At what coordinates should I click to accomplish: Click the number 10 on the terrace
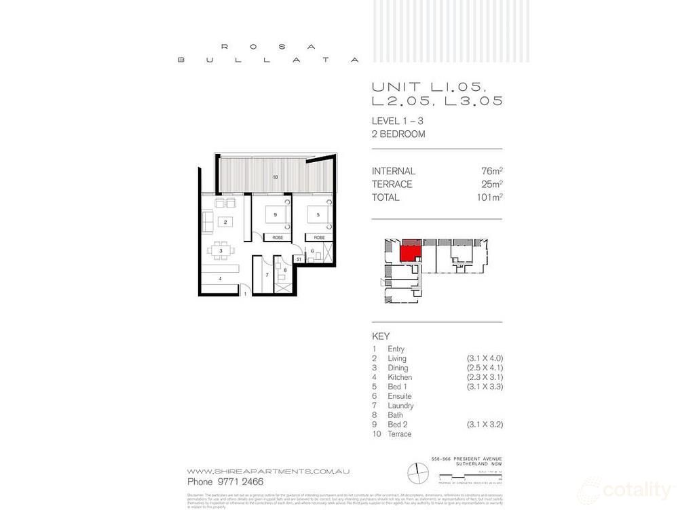pyautogui.click(x=275, y=177)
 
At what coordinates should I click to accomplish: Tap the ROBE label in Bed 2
pyautogui.click(x=278, y=237)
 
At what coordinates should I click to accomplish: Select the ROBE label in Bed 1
pyautogui.click(x=319, y=237)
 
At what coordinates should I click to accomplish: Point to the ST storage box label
pyautogui.click(x=298, y=258)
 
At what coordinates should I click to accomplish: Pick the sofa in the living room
pyautogui.click(x=206, y=221)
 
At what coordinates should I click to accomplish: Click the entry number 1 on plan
pyautogui.click(x=245, y=294)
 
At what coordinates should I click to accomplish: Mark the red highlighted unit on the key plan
pyautogui.click(x=409, y=253)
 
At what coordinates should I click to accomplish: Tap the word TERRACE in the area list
pyautogui.click(x=392, y=185)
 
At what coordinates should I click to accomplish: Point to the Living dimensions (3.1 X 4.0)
pyautogui.click(x=484, y=358)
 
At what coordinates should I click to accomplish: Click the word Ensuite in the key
pyautogui.click(x=400, y=396)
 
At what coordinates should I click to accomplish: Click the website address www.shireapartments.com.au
pyautogui.click(x=269, y=471)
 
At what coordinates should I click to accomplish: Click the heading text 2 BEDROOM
pyautogui.click(x=398, y=134)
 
